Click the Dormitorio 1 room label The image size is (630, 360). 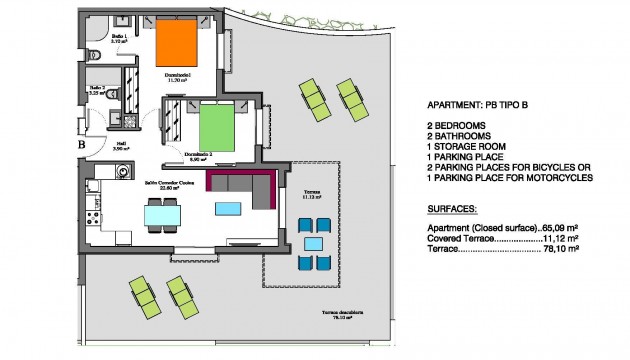coord(178,76)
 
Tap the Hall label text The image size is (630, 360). coord(120,146)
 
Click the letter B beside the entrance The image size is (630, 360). coord(80,143)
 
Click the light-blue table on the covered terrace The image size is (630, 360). coord(313,243)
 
